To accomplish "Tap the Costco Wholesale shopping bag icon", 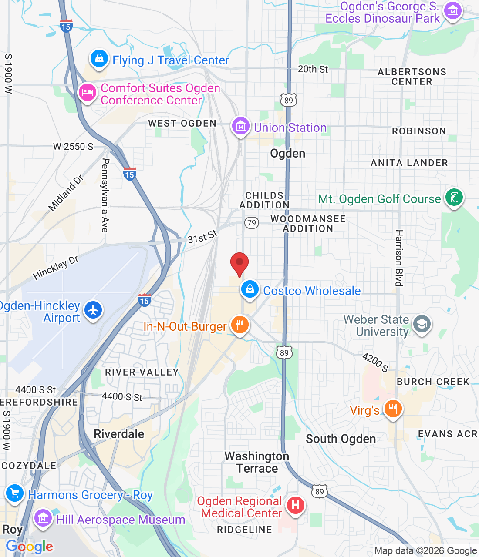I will click(x=250, y=289).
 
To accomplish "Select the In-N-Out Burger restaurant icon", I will click(x=239, y=325).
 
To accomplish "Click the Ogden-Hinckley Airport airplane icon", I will click(x=93, y=310).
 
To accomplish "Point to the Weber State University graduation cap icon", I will click(x=422, y=324).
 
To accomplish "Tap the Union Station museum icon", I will click(x=240, y=127).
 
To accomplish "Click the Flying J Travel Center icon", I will click(x=99, y=59).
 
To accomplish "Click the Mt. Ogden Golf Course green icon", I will click(x=454, y=198).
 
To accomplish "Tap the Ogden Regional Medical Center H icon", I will click(x=295, y=506).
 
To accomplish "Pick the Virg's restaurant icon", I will click(x=393, y=409).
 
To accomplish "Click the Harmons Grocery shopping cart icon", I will click(x=15, y=493).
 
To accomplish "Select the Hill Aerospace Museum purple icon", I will click(x=43, y=519).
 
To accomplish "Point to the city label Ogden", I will click(x=287, y=154).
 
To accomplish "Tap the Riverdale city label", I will click(x=119, y=434).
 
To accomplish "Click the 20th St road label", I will click(x=313, y=69).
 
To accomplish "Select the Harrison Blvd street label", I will click(x=399, y=258).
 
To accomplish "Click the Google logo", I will click(x=29, y=547).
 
